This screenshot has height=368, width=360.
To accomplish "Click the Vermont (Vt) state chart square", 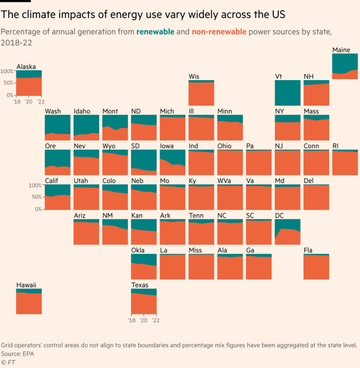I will [x=287, y=93].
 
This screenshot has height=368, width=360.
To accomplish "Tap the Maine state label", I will [x=341, y=50].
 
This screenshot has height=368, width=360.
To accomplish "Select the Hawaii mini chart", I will [x=29, y=301].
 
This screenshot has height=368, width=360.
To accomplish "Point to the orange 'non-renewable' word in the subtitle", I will [x=219, y=32].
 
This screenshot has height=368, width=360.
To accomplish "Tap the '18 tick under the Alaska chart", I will [x=17, y=101].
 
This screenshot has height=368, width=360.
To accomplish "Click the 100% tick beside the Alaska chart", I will [x=7, y=70].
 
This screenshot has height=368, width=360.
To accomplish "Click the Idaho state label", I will [x=82, y=111].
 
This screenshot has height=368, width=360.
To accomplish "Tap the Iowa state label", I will [x=167, y=146].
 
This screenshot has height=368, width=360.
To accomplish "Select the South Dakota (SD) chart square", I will [x=143, y=162].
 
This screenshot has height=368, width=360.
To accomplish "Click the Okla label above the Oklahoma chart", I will [x=138, y=250].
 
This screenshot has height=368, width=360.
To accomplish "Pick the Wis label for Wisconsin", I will [x=194, y=77].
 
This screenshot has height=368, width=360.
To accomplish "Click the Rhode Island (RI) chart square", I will [x=345, y=162].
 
